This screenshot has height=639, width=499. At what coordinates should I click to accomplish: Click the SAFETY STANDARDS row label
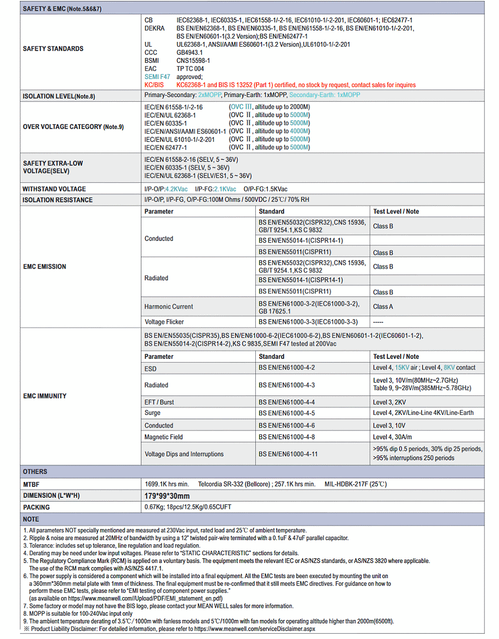[x=53, y=49]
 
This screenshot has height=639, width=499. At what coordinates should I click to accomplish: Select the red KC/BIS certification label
[x=154, y=85]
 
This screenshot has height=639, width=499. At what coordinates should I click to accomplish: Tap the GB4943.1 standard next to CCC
[x=190, y=53]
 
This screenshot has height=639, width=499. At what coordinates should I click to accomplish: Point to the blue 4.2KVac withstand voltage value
[x=176, y=189]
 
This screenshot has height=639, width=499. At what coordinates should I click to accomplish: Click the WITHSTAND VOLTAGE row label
[x=54, y=189]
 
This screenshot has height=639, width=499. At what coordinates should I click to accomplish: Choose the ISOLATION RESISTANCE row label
[x=58, y=200]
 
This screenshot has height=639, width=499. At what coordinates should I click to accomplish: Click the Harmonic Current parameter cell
[x=169, y=306]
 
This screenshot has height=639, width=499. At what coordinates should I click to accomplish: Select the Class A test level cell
[x=383, y=306]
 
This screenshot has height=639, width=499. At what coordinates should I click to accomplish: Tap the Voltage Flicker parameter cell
[x=164, y=322]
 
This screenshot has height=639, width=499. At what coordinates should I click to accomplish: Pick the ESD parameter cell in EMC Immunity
[x=151, y=369]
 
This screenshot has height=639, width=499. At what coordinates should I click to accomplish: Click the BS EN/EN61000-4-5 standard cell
[x=287, y=413]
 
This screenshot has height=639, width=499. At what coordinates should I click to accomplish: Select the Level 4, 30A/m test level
[x=392, y=437]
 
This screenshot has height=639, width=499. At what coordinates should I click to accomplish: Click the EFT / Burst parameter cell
[x=159, y=402]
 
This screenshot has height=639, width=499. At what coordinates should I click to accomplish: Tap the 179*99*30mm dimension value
[x=167, y=496]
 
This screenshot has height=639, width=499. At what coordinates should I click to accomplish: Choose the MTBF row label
[x=31, y=485]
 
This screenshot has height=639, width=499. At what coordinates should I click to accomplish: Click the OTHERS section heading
[x=35, y=471]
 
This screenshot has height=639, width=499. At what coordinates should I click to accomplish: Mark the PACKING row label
[x=37, y=507]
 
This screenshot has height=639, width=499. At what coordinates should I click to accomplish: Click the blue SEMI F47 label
[x=157, y=77]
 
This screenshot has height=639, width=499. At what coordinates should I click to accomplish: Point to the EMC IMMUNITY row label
[x=45, y=396]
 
